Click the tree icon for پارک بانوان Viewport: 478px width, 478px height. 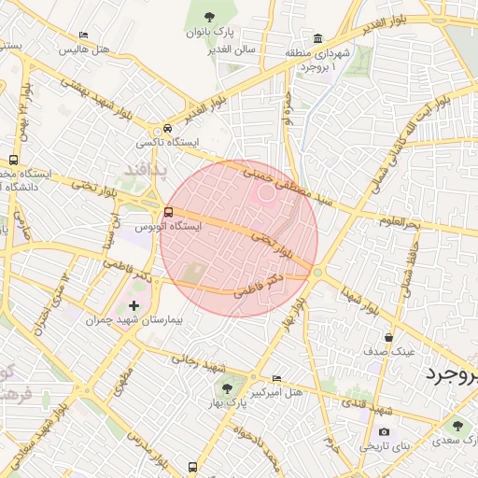(208, 15)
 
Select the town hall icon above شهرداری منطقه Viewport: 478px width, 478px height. (318, 38)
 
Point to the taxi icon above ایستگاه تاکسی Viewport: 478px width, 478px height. (167, 128)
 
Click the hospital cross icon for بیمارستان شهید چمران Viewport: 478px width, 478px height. (134, 305)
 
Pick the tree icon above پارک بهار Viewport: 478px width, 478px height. (225, 387)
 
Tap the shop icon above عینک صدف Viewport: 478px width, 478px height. (388, 337)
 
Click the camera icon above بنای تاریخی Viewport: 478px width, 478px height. (384, 432)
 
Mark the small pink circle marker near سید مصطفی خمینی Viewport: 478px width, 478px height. (267, 193)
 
